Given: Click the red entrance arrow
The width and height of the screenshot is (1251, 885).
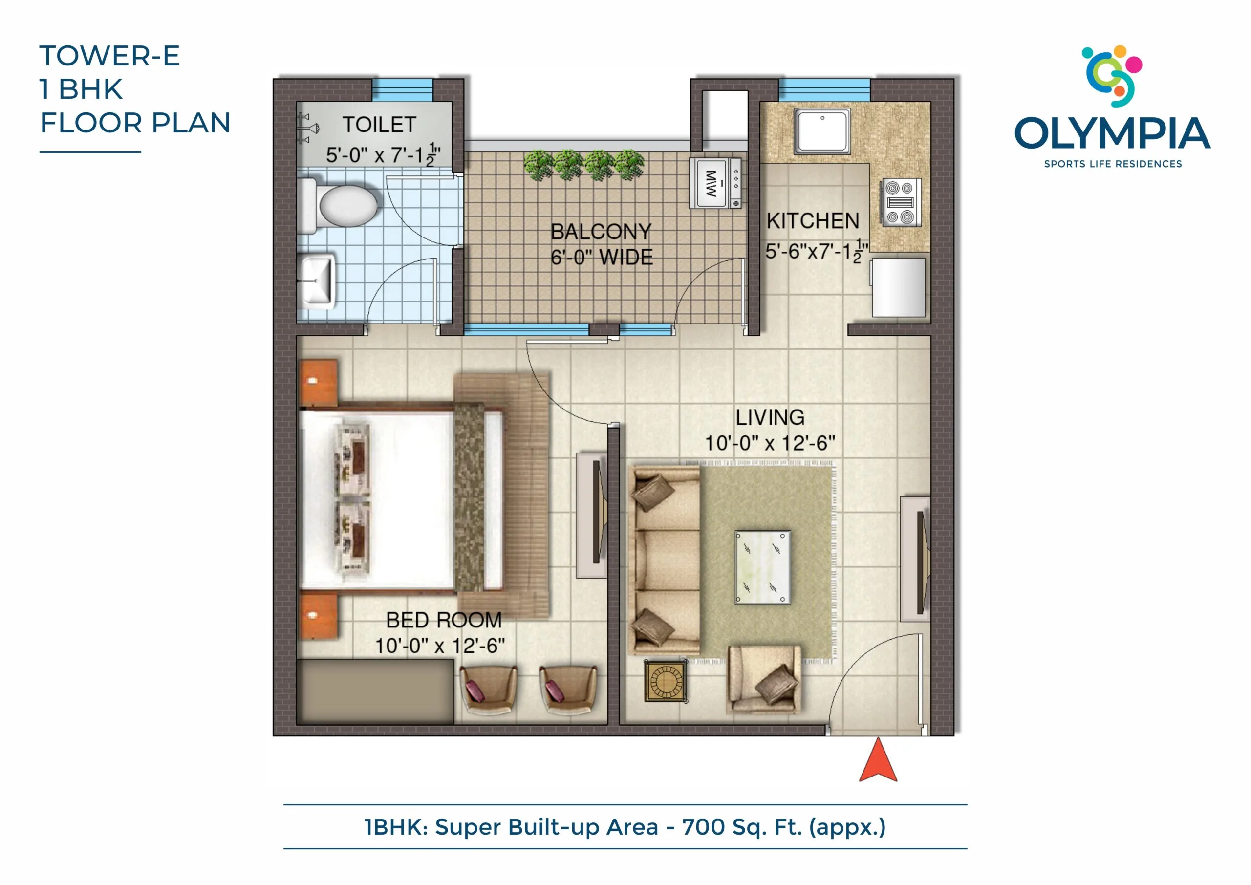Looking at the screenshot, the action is (x=878, y=760).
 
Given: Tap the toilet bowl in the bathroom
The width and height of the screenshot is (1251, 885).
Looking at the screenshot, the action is (x=340, y=205).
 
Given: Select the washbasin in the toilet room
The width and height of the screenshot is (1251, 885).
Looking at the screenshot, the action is (x=317, y=280).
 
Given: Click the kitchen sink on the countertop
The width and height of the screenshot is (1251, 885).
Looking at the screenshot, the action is (x=822, y=131).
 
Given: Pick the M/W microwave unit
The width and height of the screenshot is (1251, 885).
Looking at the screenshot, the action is (x=715, y=183).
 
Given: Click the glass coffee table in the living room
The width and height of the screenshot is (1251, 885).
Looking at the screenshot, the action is (x=762, y=568).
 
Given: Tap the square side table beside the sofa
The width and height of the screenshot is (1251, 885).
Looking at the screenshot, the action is (x=665, y=681).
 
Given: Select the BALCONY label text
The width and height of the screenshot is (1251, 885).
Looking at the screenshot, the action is (x=601, y=232).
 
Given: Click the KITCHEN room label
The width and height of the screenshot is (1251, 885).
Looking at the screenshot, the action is (x=813, y=221).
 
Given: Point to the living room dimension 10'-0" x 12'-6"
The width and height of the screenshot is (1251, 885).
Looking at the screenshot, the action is (x=770, y=443).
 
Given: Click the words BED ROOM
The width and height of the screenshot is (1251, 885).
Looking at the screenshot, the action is (x=444, y=620).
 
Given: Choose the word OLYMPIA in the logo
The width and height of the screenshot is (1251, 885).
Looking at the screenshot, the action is (x=1113, y=133).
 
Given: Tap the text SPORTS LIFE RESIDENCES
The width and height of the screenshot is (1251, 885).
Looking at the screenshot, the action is (x=1113, y=164).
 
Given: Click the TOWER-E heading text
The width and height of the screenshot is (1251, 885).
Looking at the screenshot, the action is (x=109, y=56).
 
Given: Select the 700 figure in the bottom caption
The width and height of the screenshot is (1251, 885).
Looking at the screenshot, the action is (x=703, y=827).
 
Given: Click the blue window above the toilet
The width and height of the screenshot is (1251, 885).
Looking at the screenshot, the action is (x=402, y=89).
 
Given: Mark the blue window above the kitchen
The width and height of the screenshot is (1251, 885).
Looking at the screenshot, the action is (x=824, y=89).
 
